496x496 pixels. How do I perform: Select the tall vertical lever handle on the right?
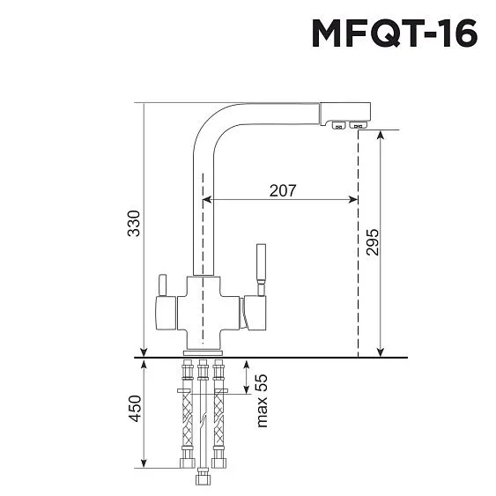coord(261,264)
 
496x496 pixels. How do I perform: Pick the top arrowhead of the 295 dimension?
coord(380,134)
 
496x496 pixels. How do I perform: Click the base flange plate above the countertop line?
coord(203,352)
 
